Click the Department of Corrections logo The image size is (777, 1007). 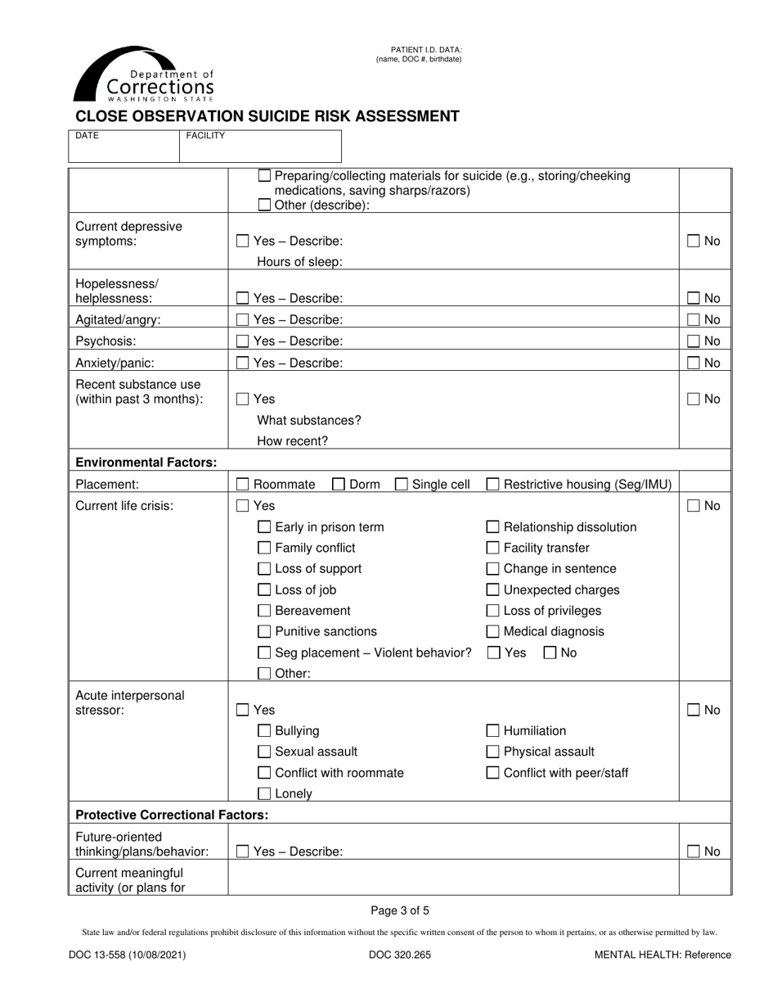click(144, 75)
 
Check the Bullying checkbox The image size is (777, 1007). click(264, 731)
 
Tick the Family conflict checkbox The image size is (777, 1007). click(264, 548)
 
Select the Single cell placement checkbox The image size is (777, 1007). click(402, 485)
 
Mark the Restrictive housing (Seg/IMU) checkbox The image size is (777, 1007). click(493, 485)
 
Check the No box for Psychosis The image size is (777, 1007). click(694, 341)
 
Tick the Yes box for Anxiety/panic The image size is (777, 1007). click(243, 363)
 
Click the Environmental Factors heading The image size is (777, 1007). click(146, 463)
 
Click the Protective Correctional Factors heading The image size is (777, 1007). click(172, 815)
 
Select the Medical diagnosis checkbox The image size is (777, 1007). click(493, 631)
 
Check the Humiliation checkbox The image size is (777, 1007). click(493, 731)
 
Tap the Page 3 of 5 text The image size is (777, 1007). click(400, 910)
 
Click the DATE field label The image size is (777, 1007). click(87, 136)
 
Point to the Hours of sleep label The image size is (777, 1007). click(299, 262)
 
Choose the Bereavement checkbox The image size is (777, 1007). click(264, 611)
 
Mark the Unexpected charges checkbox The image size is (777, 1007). click(493, 589)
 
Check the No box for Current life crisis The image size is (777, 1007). click(694, 506)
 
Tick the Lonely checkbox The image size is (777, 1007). click(264, 793)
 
